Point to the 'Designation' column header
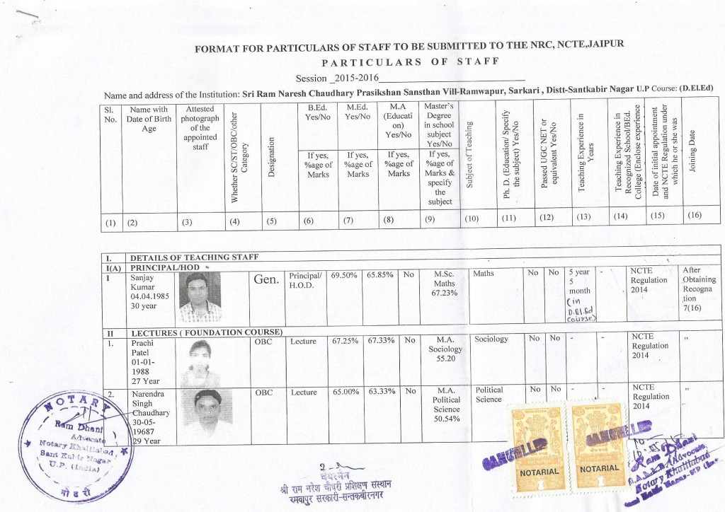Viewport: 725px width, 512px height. click(271, 163)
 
